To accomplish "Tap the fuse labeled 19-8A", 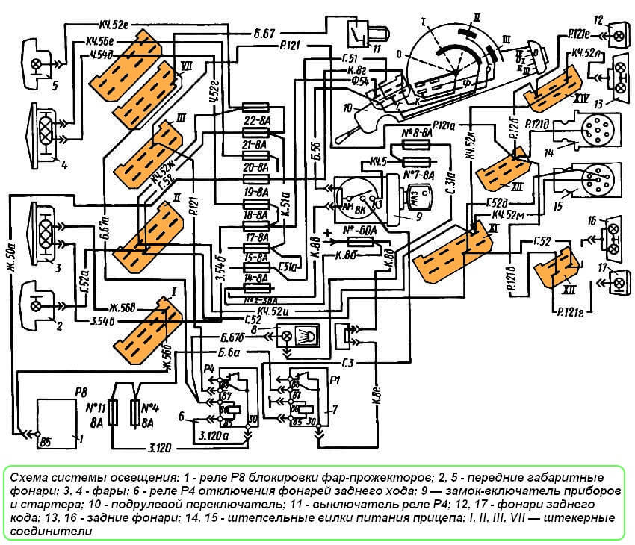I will click(256, 192).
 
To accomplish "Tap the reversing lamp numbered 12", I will click(619, 32).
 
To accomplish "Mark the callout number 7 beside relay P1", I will click(335, 410).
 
